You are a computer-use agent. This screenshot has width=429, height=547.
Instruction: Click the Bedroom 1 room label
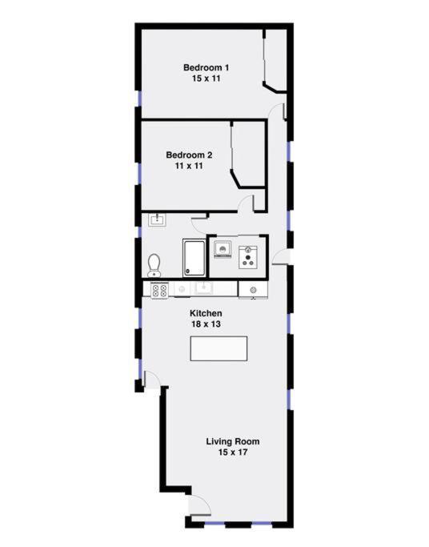tap(206, 67)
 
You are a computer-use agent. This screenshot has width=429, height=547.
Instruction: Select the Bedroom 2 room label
tap(189, 155)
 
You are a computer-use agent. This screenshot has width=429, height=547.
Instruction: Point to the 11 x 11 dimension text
tap(189, 166)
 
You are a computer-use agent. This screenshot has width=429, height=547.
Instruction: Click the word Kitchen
tap(205, 313)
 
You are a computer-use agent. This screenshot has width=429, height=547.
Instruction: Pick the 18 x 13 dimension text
tap(205, 324)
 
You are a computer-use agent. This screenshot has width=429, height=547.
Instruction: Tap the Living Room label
tap(232, 441)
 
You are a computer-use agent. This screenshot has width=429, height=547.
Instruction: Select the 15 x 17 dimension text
tap(232, 452)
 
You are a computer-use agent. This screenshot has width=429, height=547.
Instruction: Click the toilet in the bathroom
tap(154, 263)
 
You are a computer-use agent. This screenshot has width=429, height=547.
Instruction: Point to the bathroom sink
tap(155, 219)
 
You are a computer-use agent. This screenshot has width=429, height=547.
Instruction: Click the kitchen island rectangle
tap(219, 349)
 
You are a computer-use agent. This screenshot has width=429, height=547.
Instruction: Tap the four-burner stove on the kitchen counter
tap(158, 290)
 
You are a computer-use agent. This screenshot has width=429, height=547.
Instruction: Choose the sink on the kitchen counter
tap(204, 289)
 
